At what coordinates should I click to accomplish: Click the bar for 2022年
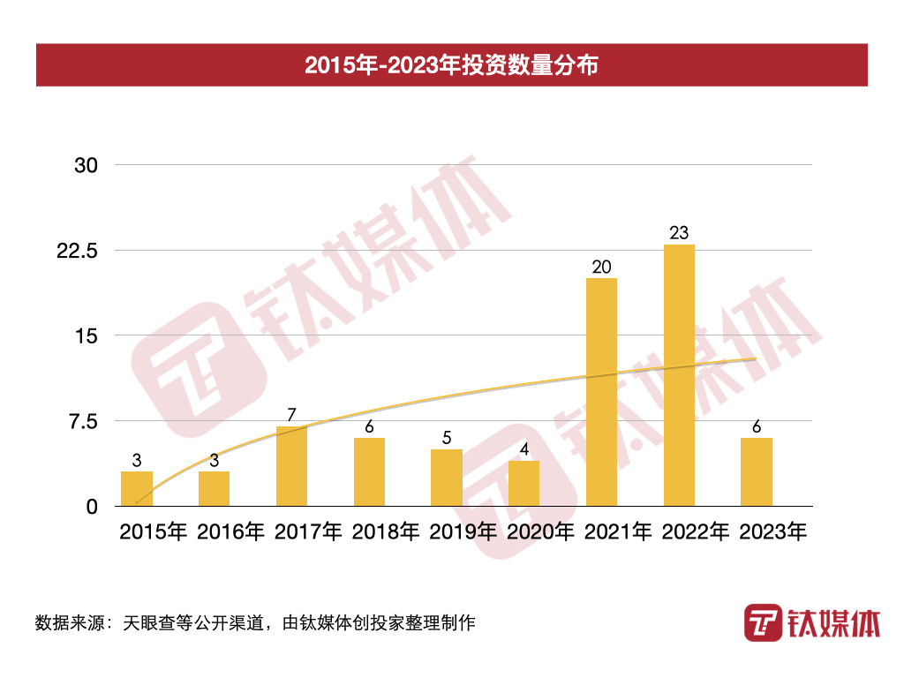pos(679,375)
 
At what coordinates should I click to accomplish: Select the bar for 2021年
pos(601,392)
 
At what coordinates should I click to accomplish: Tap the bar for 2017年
pos(291,466)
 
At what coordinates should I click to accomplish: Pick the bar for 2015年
pos(137,488)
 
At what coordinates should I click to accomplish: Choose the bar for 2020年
pos(524,483)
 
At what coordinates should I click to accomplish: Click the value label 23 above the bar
pos(679,233)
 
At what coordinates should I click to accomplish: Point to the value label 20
pos(601,267)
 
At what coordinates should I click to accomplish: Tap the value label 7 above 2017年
pos(291,415)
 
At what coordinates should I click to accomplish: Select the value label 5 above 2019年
pos(446,438)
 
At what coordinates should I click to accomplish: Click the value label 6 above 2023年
pos(757,426)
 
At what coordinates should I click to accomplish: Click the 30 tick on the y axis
pos(86,165)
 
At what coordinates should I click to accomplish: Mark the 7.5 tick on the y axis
pos(82,421)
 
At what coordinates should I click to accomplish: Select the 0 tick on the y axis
pos(92,507)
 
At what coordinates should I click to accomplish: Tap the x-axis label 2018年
pos(386,532)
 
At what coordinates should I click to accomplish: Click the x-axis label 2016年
pos(230,532)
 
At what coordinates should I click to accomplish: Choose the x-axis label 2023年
pos(773,532)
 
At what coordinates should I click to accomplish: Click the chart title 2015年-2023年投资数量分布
pos(451,65)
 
